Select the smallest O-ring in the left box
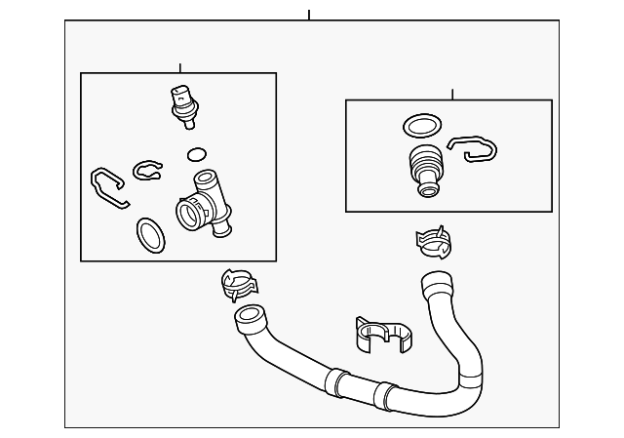tap(196, 154)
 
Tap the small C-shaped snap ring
tap(147, 170)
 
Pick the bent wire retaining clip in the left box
tap(108, 187)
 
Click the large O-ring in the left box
tap(149, 233)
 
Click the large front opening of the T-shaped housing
tap(188, 213)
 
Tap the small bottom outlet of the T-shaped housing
tap(223, 230)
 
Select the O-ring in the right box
tap(421, 126)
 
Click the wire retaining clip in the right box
tap(472, 148)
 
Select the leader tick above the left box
tap(179, 67)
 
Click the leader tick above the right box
tap(451, 94)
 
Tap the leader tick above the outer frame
tap(309, 15)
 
